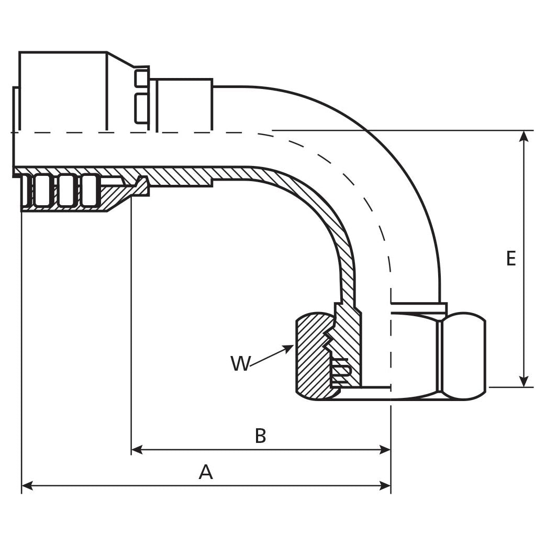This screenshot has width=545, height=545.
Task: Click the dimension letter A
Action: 206,472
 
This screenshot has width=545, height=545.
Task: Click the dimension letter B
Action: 260,436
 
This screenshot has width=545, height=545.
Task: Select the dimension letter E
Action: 511,259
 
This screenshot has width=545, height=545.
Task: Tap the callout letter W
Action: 240,363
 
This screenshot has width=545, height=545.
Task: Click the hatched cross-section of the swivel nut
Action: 312,361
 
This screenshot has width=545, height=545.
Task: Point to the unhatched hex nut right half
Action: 463,356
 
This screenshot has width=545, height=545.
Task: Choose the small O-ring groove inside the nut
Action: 340,369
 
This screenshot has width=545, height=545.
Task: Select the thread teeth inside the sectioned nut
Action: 328,340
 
